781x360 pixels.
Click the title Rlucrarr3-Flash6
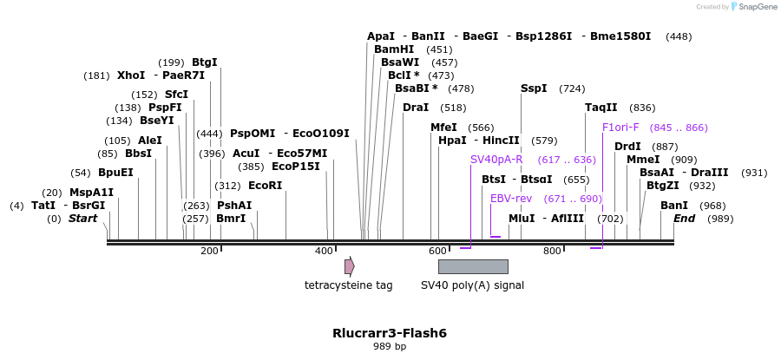coord(390,333)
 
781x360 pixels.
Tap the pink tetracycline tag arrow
coord(349,266)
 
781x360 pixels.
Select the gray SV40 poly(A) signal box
coord(473,266)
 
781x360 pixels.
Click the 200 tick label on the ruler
coord(209,252)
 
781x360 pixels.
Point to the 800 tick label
coord(552,252)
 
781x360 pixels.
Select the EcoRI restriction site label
coord(265,186)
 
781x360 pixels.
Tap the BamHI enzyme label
coord(394,49)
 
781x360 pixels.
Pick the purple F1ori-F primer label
coord(620,128)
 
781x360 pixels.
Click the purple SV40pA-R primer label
coord(496,160)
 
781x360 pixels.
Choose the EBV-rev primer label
coord(511,199)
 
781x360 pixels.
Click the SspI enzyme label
coord(534,88)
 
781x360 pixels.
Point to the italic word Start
coord(82,219)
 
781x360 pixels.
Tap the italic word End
coord(684,219)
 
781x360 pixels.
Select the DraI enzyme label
coord(416,108)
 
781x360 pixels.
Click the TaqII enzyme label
coord(601,108)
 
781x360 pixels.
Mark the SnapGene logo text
coord(757,7)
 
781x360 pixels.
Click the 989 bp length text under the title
coord(390,347)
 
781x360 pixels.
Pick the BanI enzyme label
coord(674,206)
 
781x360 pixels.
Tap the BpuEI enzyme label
coord(115,173)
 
